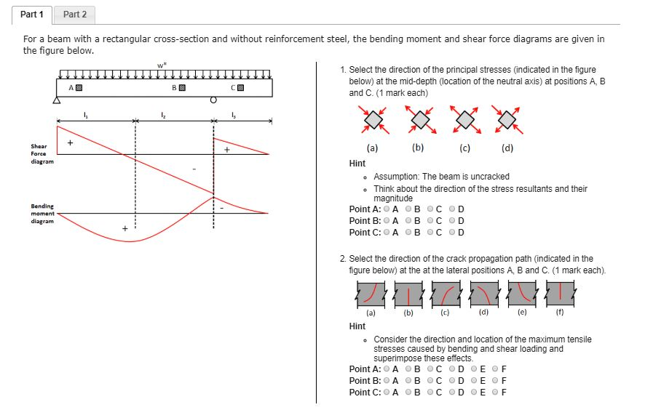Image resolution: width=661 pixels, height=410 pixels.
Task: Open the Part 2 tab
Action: click(74, 15)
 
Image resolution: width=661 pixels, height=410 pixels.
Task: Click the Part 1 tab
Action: click(32, 15)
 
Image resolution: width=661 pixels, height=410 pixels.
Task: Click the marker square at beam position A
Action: click(79, 88)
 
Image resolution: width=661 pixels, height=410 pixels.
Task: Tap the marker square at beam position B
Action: click(183, 88)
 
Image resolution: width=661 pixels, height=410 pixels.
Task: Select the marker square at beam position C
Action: click(240, 88)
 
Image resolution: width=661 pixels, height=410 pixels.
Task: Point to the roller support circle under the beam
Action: click(213, 101)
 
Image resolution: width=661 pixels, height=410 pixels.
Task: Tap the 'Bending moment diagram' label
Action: click(41, 214)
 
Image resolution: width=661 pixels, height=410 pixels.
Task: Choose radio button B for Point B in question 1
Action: click(409, 221)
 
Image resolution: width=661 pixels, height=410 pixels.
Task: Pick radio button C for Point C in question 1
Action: click(431, 233)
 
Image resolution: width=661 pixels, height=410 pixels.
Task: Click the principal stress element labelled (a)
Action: click(373, 120)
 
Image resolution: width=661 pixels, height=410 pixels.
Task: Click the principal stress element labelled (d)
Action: click(507, 120)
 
